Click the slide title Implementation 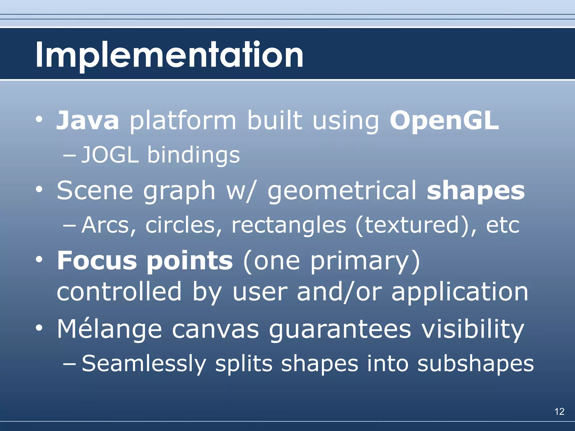pos(169,55)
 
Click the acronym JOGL pos(110,155)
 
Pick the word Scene pos(95,191)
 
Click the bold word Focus pos(97,260)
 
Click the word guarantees pos(340,329)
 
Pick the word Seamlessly pos(144,364)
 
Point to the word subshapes pos(476,364)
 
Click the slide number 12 pos(559,411)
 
